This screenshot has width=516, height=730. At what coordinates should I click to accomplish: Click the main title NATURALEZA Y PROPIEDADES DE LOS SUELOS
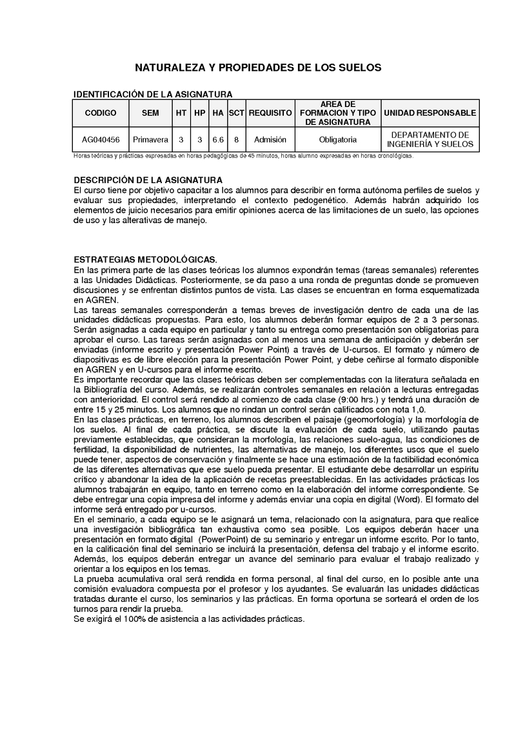258,67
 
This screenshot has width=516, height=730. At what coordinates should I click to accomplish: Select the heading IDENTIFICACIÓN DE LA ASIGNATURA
153,94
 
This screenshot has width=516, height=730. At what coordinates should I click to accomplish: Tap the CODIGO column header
101,113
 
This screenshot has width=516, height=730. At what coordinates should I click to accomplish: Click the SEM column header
150,113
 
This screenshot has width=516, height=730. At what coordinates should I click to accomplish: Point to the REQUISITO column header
270,113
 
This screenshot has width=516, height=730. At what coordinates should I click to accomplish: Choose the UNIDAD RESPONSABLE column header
430,113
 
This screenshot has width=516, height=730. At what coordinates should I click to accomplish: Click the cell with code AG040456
101,139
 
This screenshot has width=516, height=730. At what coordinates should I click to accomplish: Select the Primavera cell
150,139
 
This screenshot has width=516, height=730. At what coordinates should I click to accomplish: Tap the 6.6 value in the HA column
218,139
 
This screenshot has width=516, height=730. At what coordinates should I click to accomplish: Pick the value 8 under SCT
237,139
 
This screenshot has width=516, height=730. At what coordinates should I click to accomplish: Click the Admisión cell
270,139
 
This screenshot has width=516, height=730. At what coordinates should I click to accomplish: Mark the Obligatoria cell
339,139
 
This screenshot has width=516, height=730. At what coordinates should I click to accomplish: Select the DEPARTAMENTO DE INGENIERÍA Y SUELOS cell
430,139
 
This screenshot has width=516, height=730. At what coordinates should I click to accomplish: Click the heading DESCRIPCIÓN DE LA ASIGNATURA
148,180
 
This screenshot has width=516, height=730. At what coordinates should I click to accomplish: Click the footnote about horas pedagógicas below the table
244,155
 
